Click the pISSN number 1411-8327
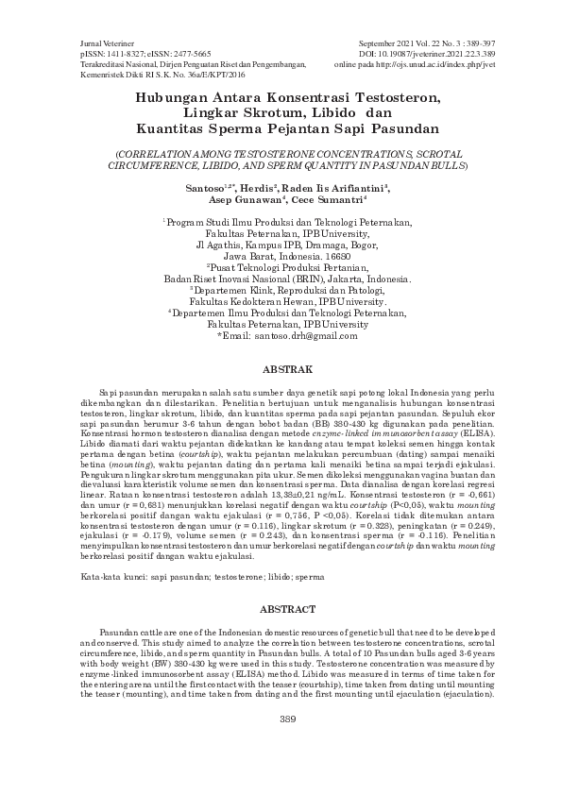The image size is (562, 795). (116, 55)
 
